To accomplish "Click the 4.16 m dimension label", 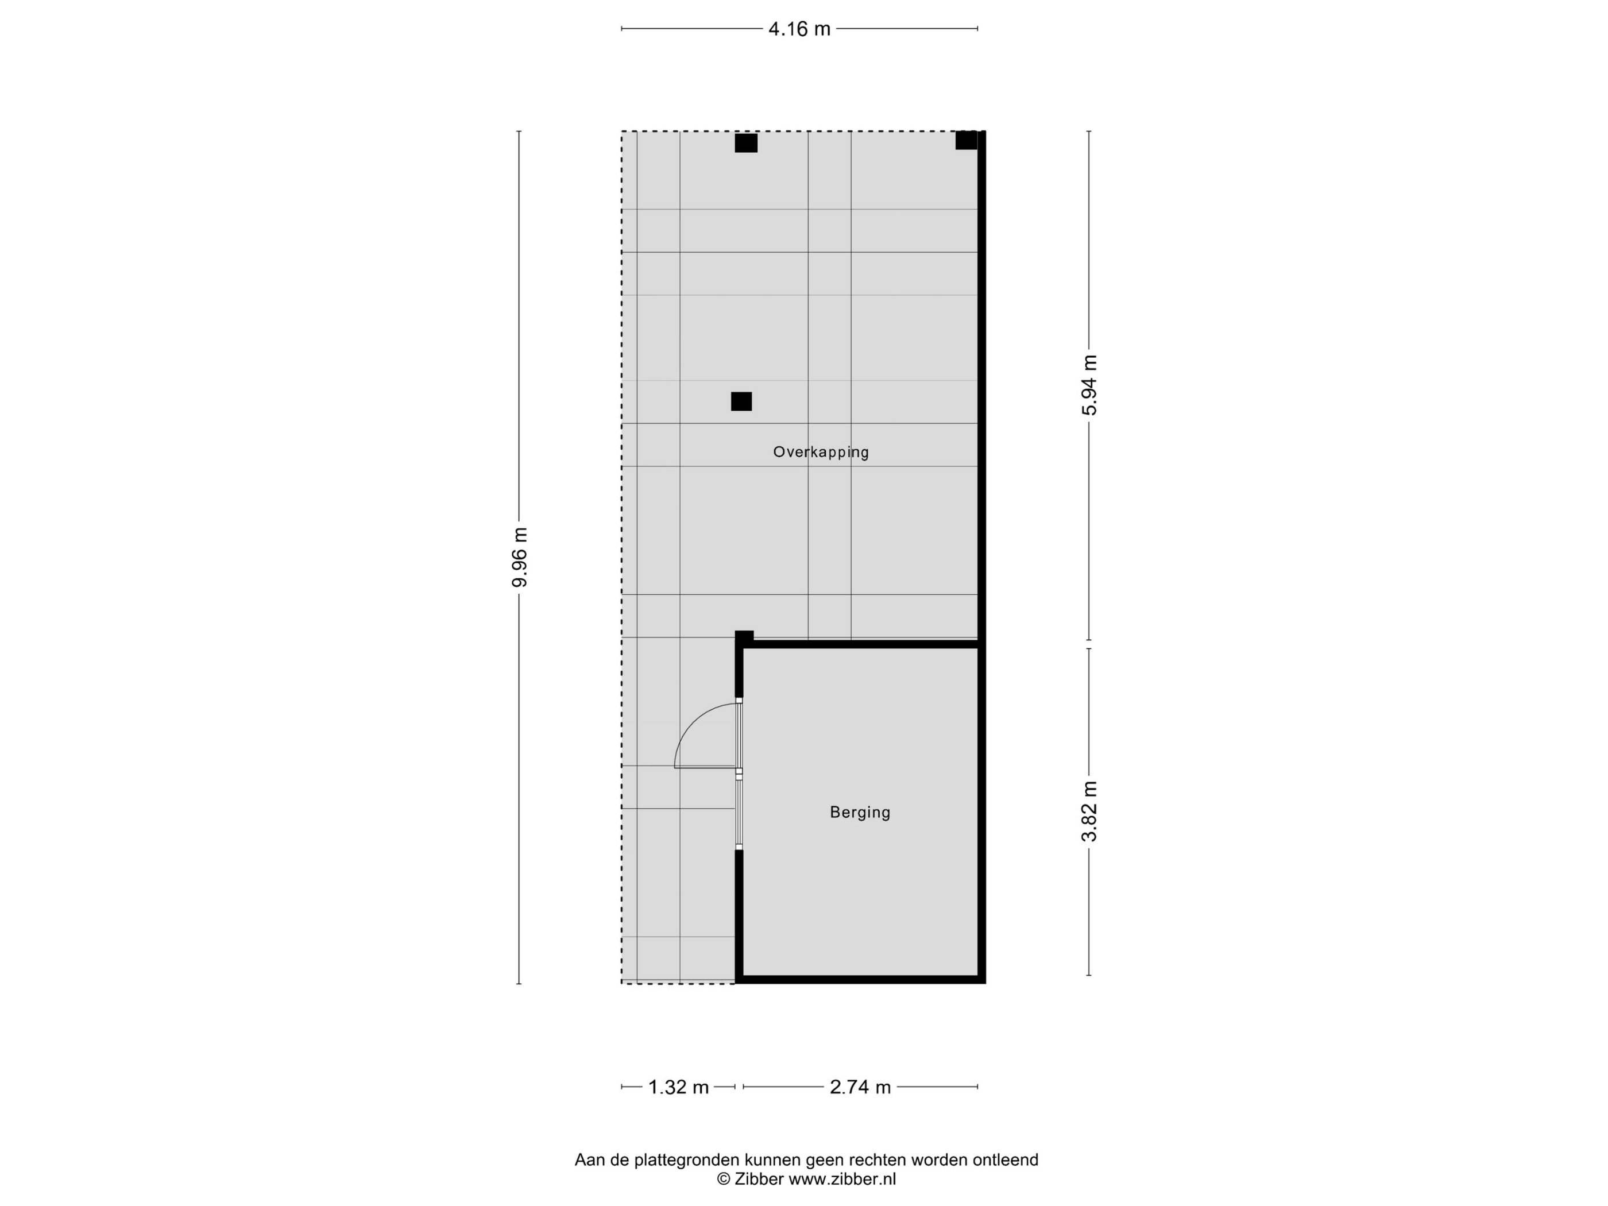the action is (x=799, y=29).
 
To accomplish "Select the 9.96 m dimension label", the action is (x=520, y=557).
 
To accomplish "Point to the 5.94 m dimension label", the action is (x=1089, y=385).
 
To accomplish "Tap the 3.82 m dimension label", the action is (x=1089, y=811).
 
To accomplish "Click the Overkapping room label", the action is (x=821, y=452).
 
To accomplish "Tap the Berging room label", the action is (x=860, y=812).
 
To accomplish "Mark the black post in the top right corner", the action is (x=966, y=140).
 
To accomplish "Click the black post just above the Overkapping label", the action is (x=741, y=401).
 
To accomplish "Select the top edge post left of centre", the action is (x=746, y=143).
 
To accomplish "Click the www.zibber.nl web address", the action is (x=842, y=1179).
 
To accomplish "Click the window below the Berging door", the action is (x=739, y=813).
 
